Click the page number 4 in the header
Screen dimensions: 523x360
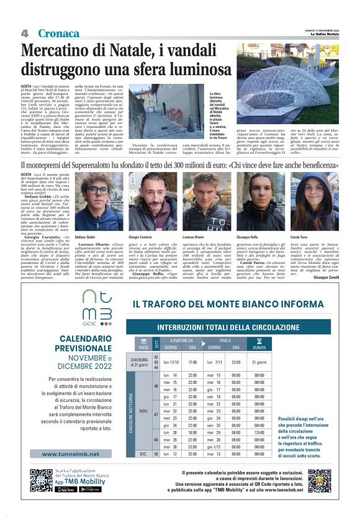pos(24,33)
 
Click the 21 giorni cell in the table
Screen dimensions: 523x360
pos(259,362)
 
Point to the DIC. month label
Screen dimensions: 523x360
pos(143,454)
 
